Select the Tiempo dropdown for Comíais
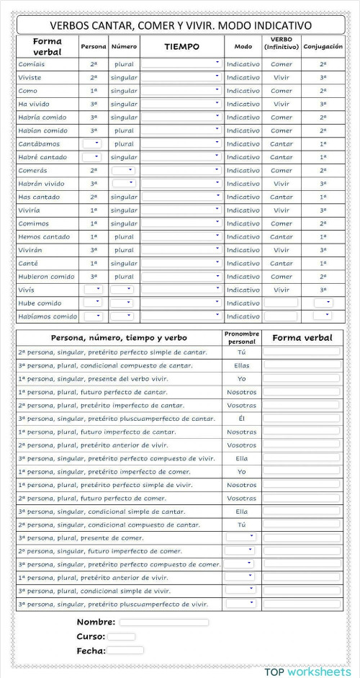point(181,63)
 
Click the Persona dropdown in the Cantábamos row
point(92,143)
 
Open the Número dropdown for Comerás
point(122,170)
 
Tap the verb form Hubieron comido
point(47,277)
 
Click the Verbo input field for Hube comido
point(281,303)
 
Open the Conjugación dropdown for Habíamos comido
point(323,316)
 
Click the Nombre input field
point(164,622)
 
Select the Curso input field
point(121,636)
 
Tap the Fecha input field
point(125,650)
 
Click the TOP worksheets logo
point(307,671)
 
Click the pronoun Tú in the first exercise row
point(241,352)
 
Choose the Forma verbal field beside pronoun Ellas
point(302,365)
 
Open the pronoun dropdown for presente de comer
point(240,538)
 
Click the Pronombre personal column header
point(241,337)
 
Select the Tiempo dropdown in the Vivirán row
point(181,250)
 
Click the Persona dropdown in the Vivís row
point(92,290)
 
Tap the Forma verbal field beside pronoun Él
point(302,418)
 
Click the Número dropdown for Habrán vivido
point(122,183)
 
